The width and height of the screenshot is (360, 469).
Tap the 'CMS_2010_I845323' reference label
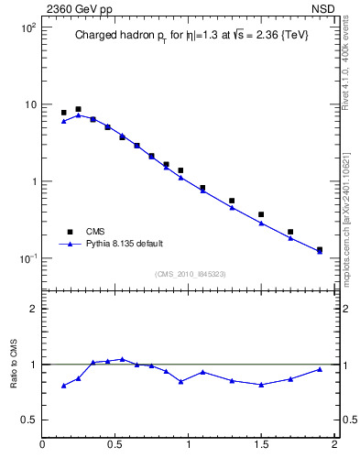click(x=190, y=274)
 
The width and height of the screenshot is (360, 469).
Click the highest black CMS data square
click(x=78, y=109)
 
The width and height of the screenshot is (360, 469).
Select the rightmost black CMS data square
click(x=320, y=249)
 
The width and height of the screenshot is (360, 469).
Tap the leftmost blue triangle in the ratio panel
click(x=63, y=386)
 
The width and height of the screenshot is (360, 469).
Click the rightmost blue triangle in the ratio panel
click(x=320, y=369)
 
